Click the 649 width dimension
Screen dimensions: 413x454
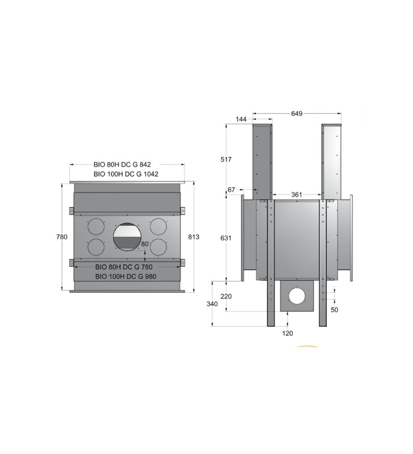[297, 113]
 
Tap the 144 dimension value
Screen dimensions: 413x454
[241, 119]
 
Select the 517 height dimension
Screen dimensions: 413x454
[226, 159]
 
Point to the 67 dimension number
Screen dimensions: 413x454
[231, 190]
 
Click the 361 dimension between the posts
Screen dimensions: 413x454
[296, 195]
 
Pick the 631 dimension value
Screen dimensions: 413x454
[226, 238]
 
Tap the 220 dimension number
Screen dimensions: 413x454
[226, 296]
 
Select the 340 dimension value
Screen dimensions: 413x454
[212, 304]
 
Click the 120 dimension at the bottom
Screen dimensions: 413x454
[288, 333]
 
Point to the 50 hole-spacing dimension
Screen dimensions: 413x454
[334, 310]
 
